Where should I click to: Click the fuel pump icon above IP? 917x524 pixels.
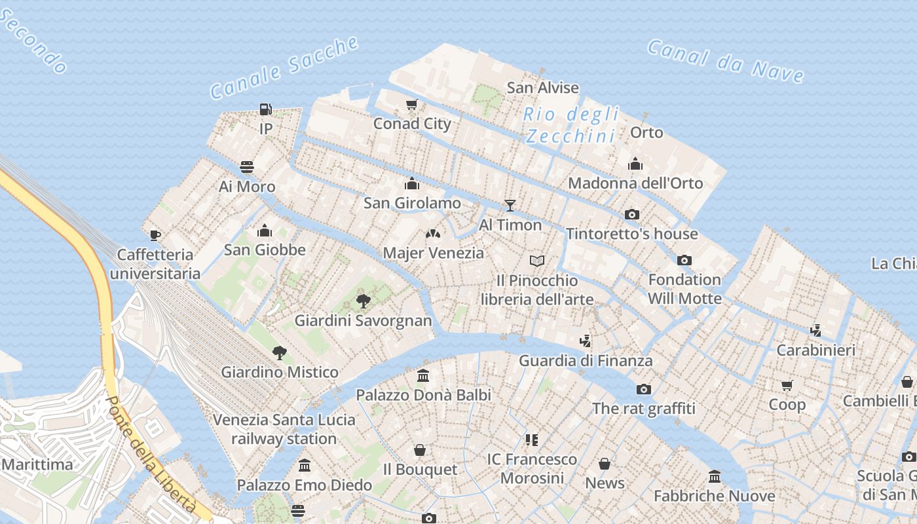tap(265, 109)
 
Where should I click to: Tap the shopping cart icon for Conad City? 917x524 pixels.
tap(412, 105)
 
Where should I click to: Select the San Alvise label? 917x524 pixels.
tap(543, 88)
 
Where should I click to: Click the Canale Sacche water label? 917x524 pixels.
tap(285, 67)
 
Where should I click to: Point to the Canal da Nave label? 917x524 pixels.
tap(726, 61)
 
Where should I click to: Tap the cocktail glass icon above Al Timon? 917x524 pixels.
tap(510, 206)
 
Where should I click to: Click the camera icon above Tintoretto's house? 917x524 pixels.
tap(632, 214)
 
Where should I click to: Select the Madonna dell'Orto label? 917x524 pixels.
tap(635, 183)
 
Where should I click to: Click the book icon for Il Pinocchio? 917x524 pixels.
tap(537, 261)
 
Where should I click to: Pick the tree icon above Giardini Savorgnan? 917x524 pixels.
tap(363, 301)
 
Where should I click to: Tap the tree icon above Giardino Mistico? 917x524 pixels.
tap(280, 353)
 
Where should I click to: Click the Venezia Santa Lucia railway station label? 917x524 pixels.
tap(284, 429)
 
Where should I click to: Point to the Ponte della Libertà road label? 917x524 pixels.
tap(150, 455)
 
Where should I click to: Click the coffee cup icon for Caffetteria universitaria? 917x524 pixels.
tap(155, 235)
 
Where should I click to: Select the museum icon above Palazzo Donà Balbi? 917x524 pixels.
tap(423, 376)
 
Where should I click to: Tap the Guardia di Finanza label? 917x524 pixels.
tap(586, 360)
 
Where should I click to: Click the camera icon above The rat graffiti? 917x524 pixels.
tap(644, 389)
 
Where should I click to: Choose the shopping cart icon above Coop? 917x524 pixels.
tap(787, 385)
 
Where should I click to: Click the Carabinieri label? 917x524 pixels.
tap(815, 350)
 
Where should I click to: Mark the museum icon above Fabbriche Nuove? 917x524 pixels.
tap(715, 476)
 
